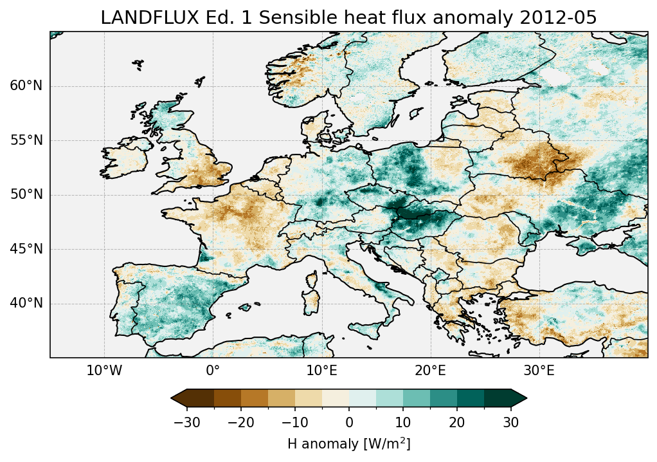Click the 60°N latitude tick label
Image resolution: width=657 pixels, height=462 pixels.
coord(26,86)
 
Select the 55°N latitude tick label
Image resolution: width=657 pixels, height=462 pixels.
coord(26,140)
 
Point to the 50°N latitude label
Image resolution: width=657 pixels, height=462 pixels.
coord(26,194)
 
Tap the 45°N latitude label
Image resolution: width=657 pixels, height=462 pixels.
coord(26,249)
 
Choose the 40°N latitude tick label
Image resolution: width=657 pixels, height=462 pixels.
coord(26,303)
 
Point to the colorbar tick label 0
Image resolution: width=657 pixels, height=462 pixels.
coord(349,422)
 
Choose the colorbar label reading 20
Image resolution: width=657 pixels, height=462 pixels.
coord(457,422)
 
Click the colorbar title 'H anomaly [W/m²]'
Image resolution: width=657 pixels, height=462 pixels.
coord(349,443)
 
